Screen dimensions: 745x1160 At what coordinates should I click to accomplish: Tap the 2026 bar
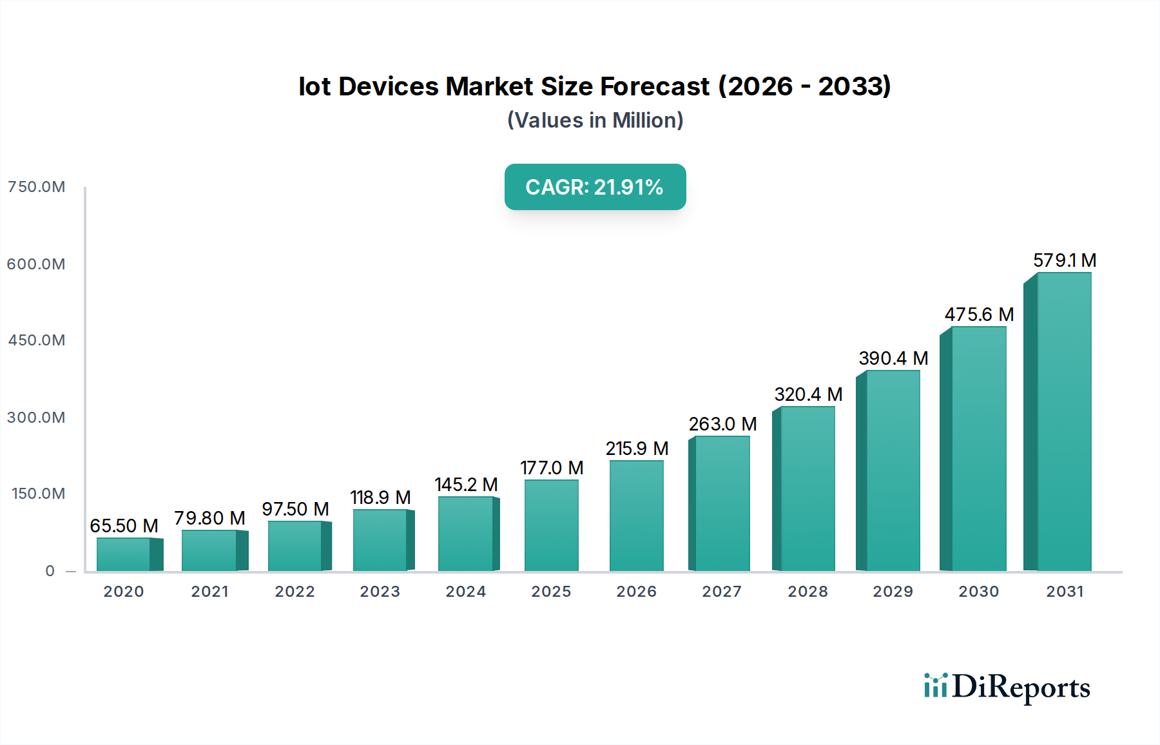636,516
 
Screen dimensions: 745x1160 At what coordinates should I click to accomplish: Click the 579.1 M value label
1065,260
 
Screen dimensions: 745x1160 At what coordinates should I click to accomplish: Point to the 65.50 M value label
124,526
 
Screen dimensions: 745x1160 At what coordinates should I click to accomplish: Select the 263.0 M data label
722,424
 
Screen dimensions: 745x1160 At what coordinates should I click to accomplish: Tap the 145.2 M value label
466,485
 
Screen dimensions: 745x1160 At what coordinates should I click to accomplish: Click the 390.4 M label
893,358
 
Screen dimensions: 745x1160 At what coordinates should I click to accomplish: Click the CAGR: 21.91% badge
595,187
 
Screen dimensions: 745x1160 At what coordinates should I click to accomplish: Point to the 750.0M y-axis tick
37,187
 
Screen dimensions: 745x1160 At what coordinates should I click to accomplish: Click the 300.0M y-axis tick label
37,418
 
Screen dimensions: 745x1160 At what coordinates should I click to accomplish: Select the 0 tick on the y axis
50,571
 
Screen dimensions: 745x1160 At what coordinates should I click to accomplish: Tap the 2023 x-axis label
380,592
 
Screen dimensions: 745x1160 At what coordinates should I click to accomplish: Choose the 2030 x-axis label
978,592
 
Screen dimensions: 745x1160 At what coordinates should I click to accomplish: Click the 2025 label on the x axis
551,592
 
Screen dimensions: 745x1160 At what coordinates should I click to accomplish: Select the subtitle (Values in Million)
595,121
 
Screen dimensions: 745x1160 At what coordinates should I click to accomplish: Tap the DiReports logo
1007,687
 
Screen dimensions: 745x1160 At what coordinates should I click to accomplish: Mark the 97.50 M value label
295,509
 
